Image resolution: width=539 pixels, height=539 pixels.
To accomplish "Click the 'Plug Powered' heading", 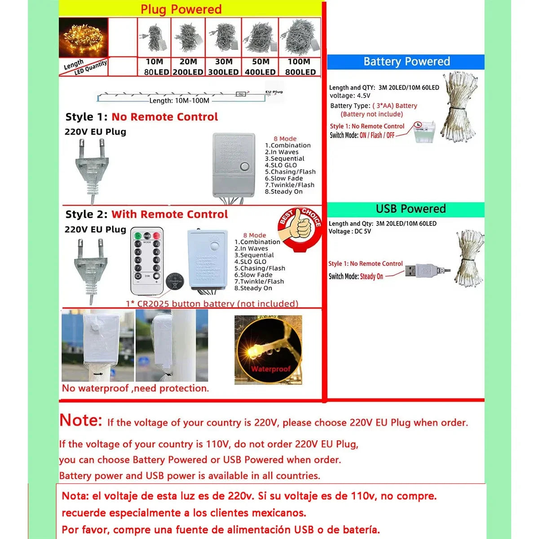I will (181, 9).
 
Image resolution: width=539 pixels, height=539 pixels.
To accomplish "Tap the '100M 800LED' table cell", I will (300, 67).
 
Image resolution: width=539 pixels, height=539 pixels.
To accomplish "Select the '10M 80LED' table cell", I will (155, 67).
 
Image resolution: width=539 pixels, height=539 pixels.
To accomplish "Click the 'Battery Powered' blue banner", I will (406, 62).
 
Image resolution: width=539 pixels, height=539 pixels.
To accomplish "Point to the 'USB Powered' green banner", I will (410, 209).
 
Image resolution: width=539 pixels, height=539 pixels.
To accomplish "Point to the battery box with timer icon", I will (424, 133).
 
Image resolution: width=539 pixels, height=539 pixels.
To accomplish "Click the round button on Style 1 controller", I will (245, 167).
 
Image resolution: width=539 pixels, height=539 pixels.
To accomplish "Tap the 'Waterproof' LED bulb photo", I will (268, 350).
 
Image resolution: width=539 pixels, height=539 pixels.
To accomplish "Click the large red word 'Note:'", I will (81, 420).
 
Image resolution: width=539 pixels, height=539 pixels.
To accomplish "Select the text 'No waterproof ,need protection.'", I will (135, 389).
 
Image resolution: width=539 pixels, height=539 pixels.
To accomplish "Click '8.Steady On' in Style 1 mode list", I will (283, 192).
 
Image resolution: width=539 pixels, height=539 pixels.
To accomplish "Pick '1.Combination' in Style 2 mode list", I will (257, 242).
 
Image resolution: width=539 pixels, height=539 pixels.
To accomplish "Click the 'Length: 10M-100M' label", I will (179, 101).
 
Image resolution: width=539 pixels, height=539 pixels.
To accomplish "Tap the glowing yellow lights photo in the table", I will (84, 38).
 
